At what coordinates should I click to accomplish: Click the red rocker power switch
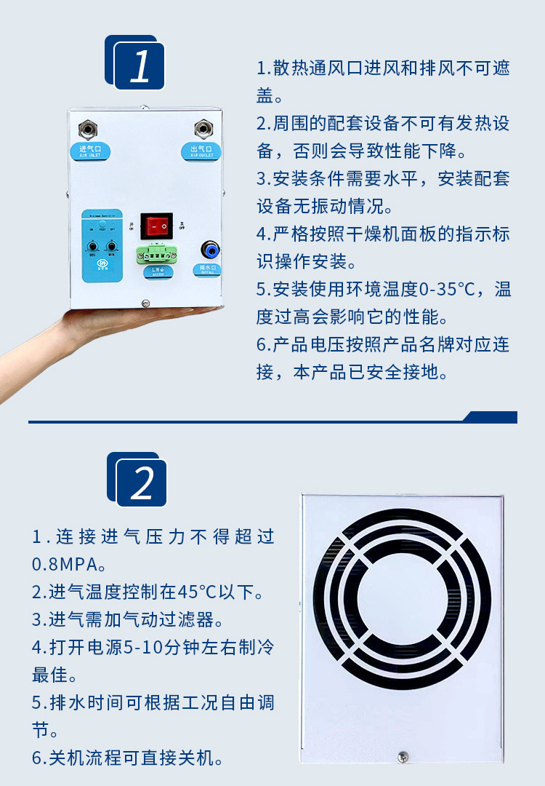(x=156, y=226)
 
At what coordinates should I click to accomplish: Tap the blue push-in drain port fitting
(x=210, y=250)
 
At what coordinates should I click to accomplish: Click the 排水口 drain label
(x=210, y=269)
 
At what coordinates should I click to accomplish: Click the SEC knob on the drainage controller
(x=93, y=247)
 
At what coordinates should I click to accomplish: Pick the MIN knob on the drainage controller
(x=113, y=247)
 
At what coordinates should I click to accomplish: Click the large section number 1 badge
(x=140, y=65)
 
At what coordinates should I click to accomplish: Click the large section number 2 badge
(x=142, y=482)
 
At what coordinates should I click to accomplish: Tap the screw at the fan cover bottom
(x=401, y=756)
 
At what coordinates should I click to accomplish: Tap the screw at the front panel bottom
(x=145, y=303)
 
